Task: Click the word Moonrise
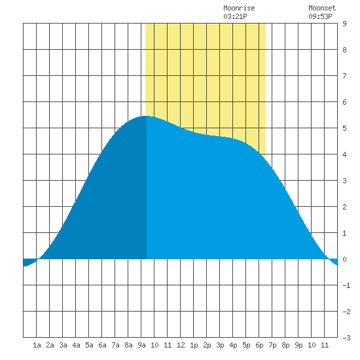239,8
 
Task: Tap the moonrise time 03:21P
235,16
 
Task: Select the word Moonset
322,8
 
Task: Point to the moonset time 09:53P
320,16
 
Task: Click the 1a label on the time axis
37,345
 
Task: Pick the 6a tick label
102,345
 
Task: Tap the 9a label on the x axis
141,345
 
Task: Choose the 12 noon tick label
181,345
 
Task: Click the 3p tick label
220,345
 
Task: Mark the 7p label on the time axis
272,345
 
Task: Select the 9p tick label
298,345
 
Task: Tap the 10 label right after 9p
312,345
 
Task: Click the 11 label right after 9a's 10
168,345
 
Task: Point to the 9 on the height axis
344,24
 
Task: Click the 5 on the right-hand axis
344,128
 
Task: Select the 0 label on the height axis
344,259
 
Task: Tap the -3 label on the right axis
346,338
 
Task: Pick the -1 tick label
346,285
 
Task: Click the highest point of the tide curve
146,116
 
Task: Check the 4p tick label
233,345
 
